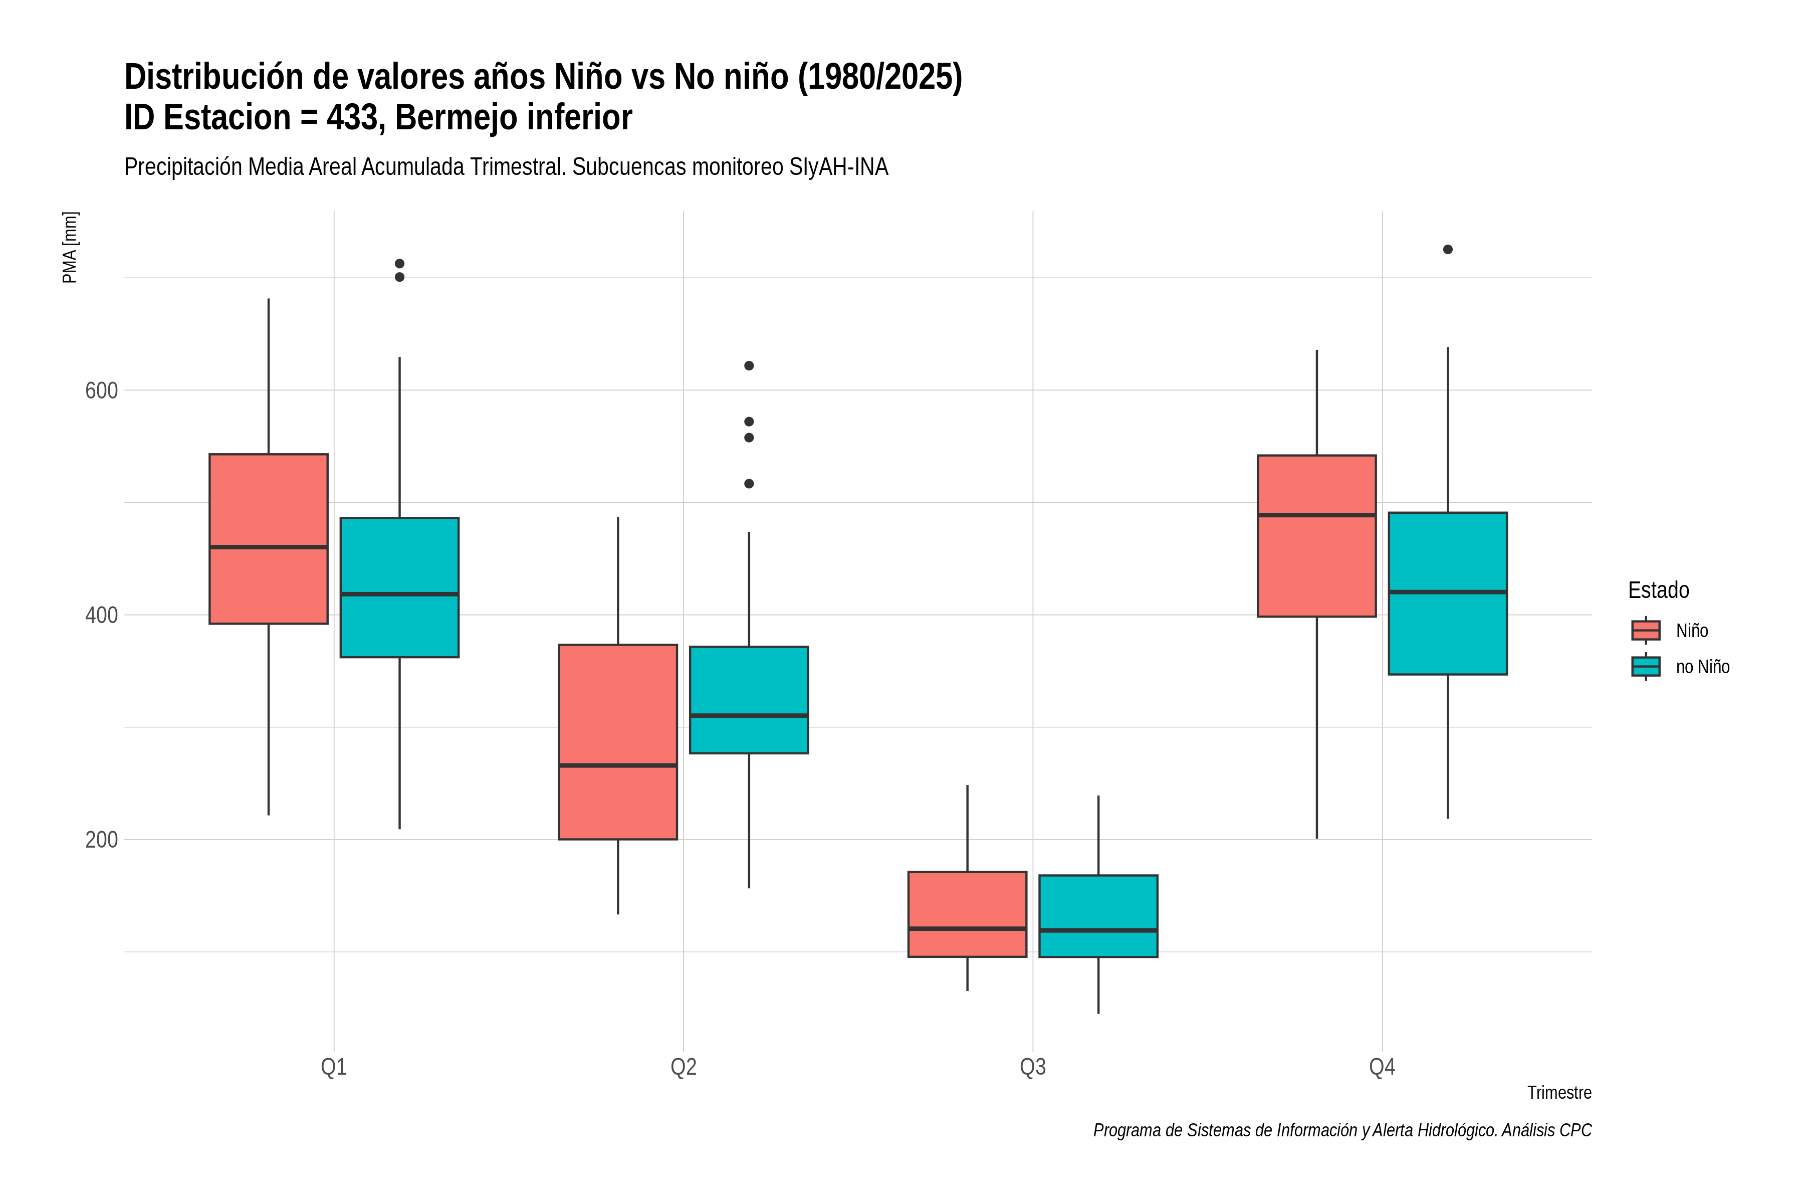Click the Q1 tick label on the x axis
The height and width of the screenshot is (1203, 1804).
(334, 1067)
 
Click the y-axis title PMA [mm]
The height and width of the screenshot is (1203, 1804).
(70, 247)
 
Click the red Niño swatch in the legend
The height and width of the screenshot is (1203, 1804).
(1645, 631)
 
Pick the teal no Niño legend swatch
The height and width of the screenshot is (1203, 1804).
(1645, 667)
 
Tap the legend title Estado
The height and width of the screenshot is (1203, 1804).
(1658, 590)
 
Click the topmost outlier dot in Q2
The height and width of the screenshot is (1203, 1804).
(749, 366)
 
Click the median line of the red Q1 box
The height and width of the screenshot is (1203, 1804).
(269, 547)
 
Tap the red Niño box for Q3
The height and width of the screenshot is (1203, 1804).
(967, 914)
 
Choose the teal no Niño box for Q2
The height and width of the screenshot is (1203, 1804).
(749, 700)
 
